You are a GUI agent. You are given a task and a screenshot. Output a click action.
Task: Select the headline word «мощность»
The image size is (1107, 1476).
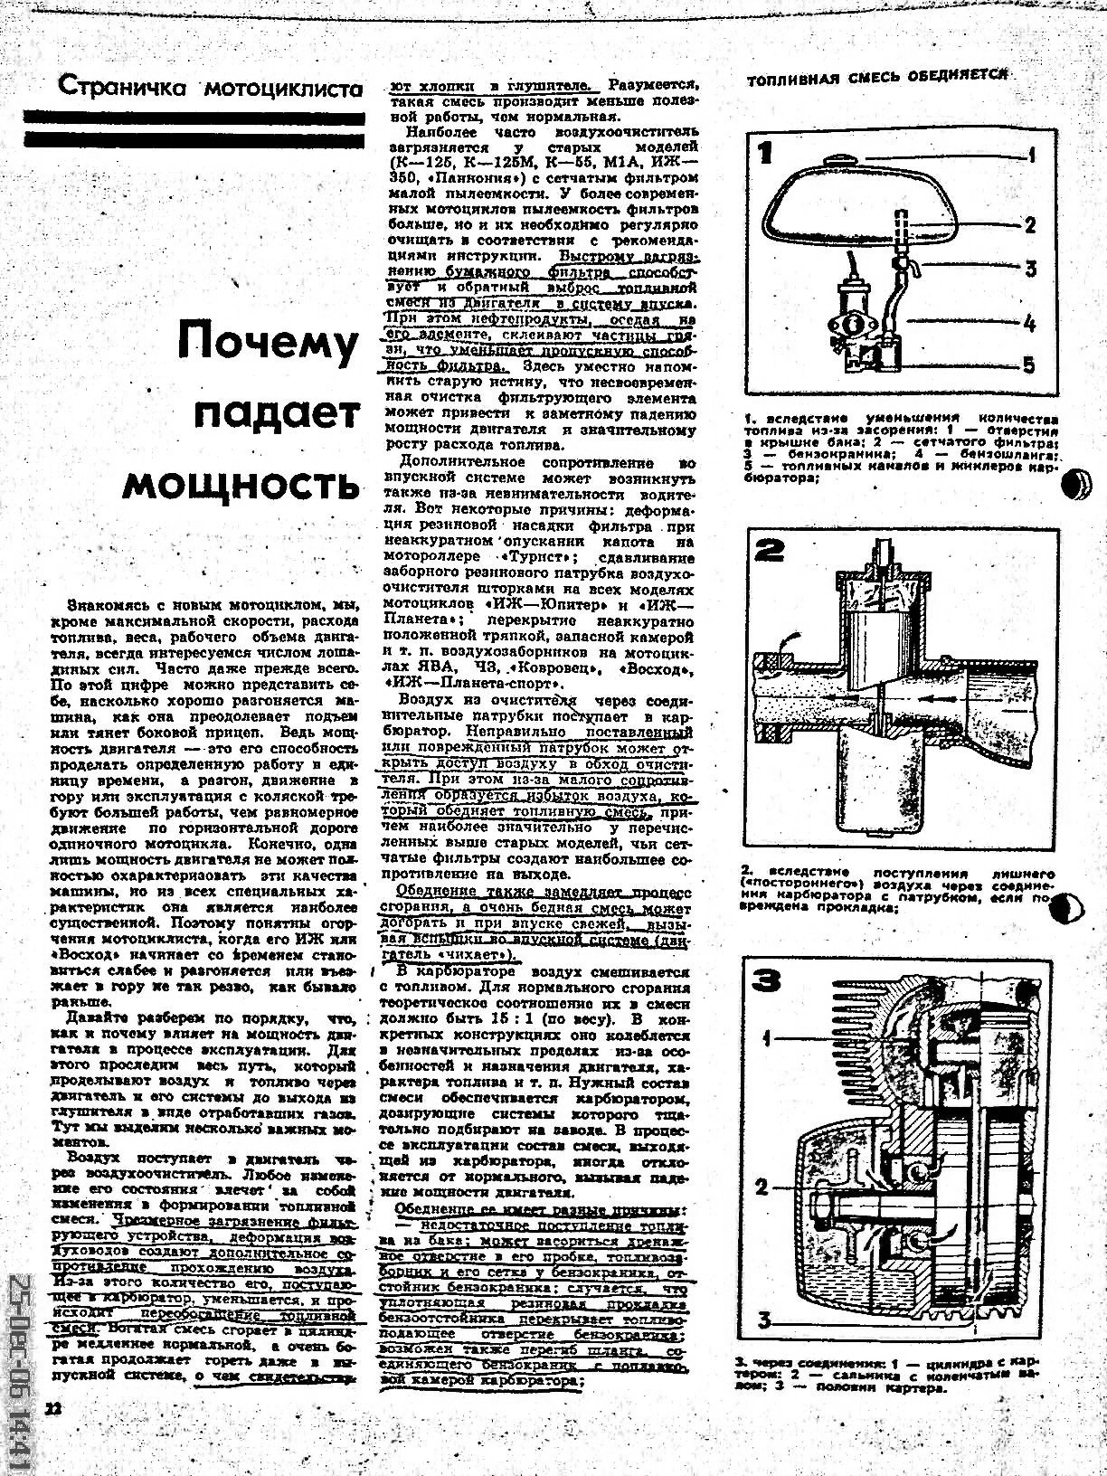click(x=240, y=485)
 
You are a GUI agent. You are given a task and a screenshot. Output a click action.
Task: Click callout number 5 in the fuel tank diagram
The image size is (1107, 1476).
click(x=1029, y=364)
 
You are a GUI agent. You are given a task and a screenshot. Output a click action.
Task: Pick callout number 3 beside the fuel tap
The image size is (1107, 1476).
click(x=1029, y=269)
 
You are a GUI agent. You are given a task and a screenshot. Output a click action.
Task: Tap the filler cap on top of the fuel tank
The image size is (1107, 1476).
click(x=842, y=161)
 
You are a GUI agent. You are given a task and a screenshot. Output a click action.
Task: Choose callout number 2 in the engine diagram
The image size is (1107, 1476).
click(x=762, y=1187)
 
